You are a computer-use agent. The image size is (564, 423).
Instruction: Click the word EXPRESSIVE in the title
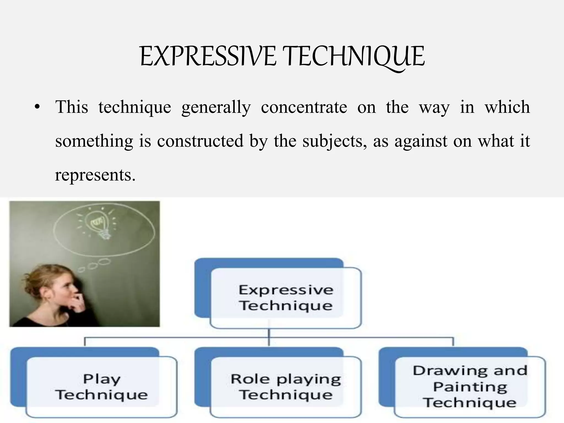click(x=208, y=56)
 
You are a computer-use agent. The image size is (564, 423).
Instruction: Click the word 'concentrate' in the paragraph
click(x=304, y=107)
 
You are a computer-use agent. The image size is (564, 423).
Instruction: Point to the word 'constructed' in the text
click(x=200, y=141)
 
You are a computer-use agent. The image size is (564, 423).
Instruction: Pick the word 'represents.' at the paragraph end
click(x=95, y=175)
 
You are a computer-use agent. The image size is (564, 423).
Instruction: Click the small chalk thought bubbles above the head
click(x=94, y=265)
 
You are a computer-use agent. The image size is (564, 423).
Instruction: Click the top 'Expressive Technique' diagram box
click(x=285, y=298)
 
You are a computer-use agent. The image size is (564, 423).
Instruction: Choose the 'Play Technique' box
click(x=101, y=387)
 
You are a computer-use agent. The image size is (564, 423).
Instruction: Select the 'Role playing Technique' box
click(x=285, y=387)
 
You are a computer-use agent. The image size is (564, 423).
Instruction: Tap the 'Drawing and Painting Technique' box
click(x=470, y=387)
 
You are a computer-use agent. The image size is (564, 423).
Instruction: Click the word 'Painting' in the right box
click(x=470, y=387)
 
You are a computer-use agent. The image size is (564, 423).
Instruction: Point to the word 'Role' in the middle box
click(x=250, y=379)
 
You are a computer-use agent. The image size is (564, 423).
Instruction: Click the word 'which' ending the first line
click(x=507, y=107)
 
